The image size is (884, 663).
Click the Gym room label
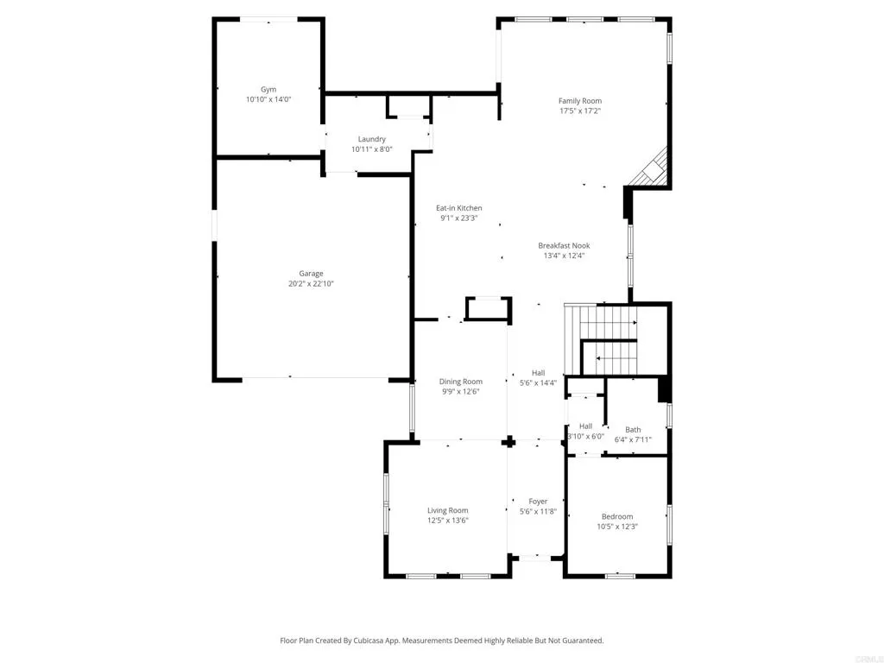click(268, 89)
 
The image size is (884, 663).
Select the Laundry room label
click(372, 139)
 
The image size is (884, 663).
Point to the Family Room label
click(579, 101)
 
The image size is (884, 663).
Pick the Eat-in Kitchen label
click(458, 208)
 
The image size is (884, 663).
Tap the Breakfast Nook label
click(564, 245)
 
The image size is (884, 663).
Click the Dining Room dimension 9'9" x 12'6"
click(460, 391)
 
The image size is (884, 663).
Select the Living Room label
click(447, 510)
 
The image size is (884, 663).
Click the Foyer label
click(538, 502)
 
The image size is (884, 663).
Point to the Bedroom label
click(617, 516)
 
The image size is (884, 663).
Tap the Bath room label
click(633, 429)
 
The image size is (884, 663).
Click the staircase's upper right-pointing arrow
click(609, 323)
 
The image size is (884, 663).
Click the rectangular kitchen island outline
click(488, 309)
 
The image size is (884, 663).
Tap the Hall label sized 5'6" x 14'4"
click(538, 373)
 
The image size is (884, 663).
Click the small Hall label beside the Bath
click(585, 426)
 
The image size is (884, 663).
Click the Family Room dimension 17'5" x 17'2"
click(579, 110)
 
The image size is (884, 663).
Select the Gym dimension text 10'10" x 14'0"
click(268, 99)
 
